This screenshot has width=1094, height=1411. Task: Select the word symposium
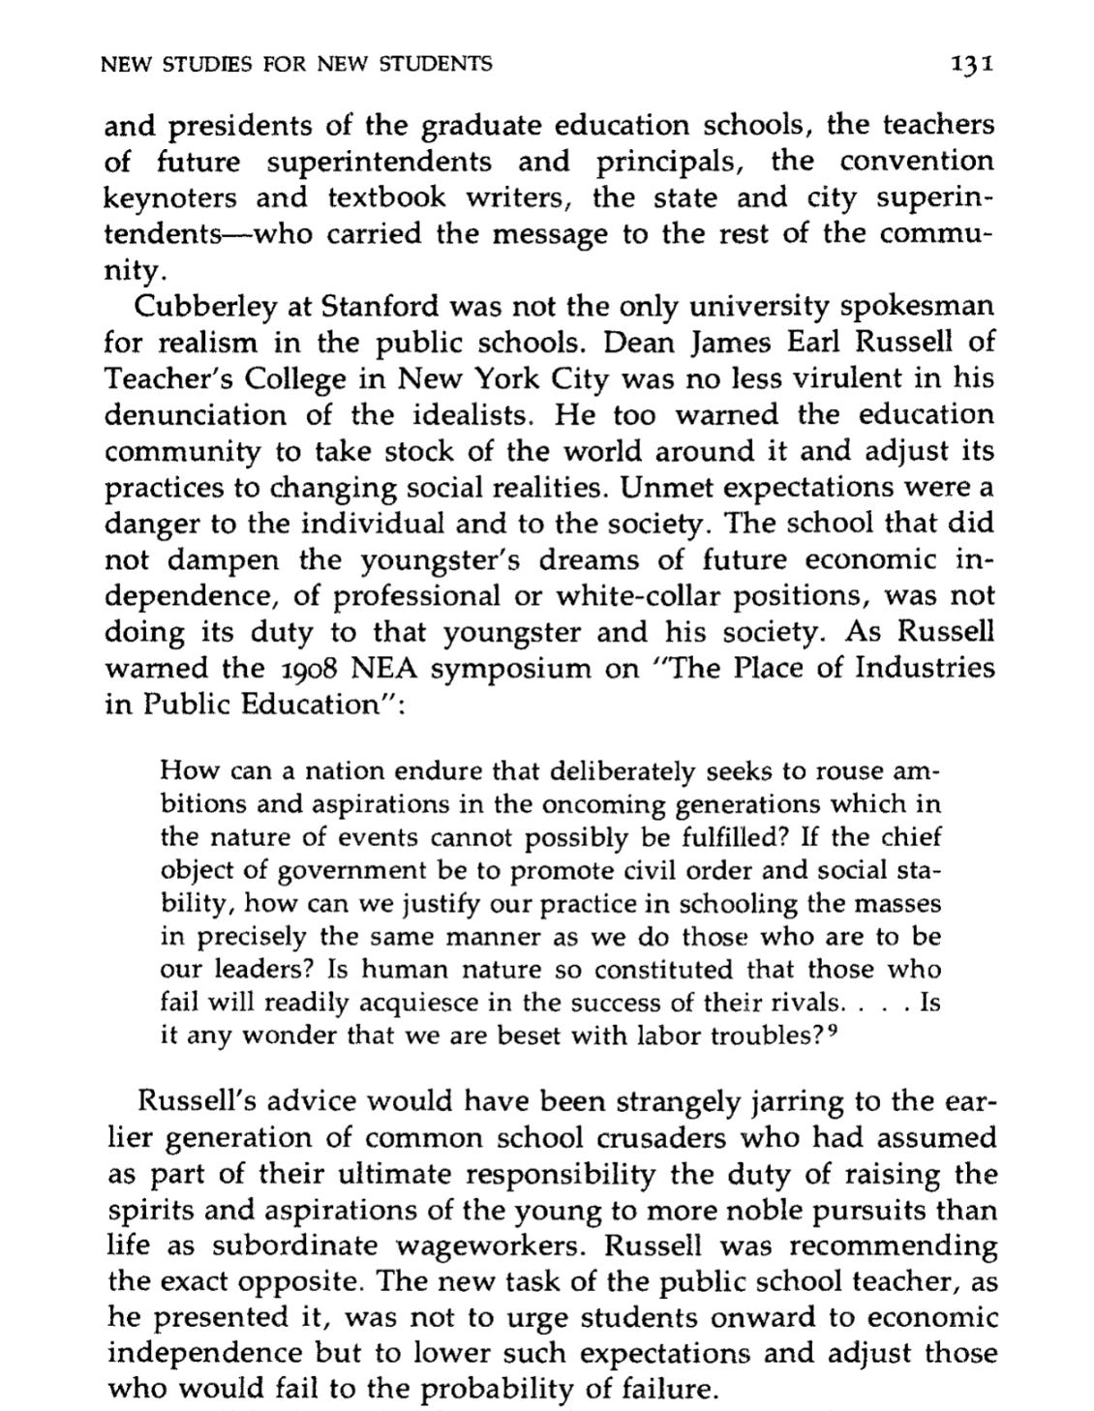point(519,669)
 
